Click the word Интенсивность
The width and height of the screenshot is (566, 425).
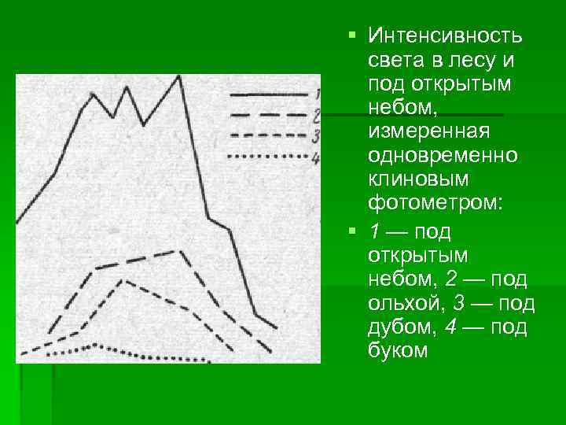pos(446,37)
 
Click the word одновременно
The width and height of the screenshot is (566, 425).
pos(443,153)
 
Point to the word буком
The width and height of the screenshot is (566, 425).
pos(397,350)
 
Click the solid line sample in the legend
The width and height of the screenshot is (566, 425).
pos(267,94)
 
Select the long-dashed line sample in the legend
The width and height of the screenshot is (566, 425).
pos(267,115)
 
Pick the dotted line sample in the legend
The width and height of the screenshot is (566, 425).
pos(267,157)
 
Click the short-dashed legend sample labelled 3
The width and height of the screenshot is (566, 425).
pos(267,135)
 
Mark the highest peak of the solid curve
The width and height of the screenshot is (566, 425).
pos(180,76)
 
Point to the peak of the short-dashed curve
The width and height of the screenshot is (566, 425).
pos(123,280)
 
